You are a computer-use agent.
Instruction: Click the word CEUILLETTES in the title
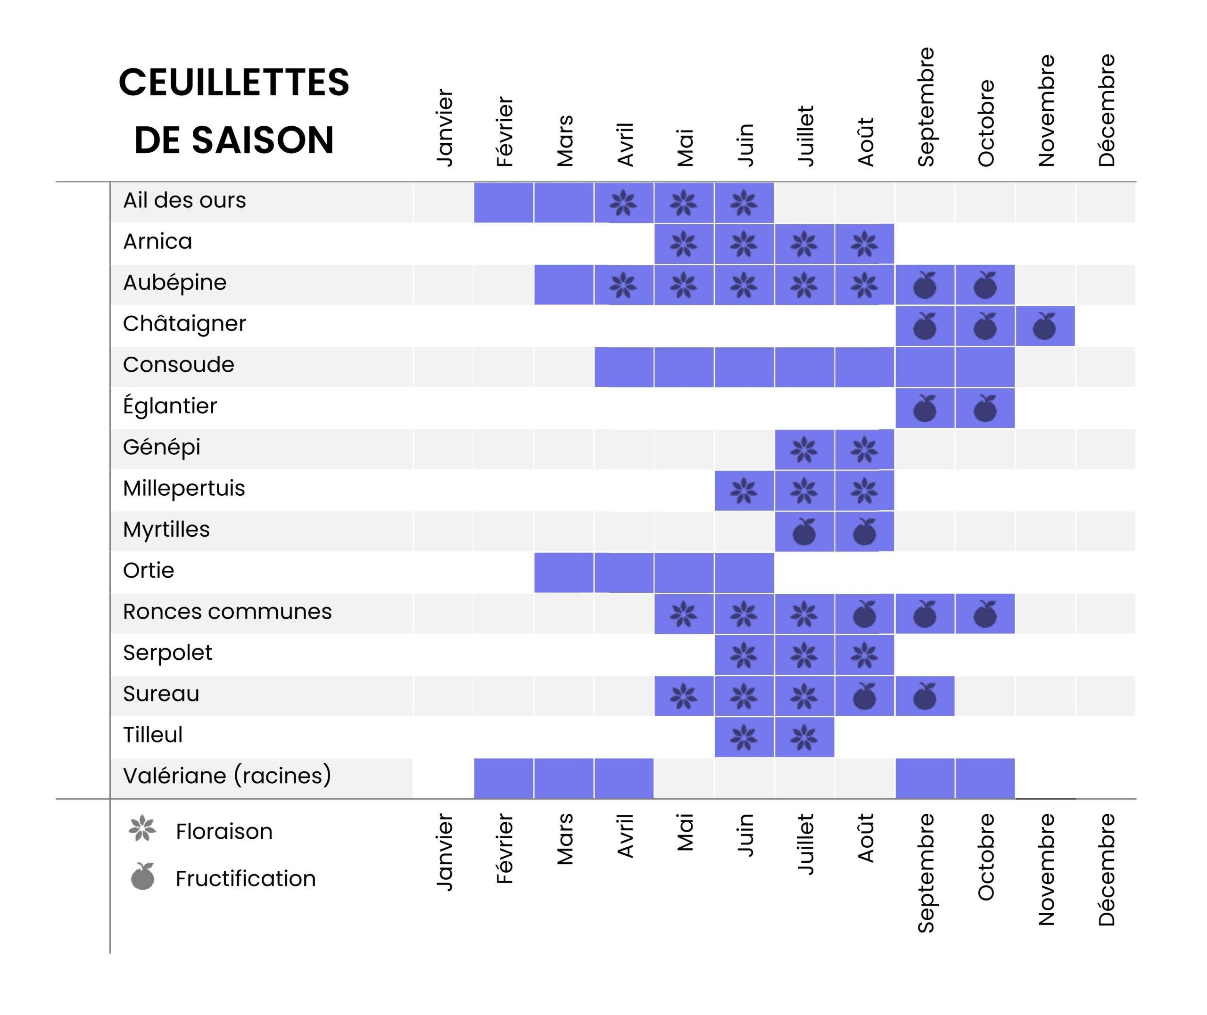click(x=234, y=82)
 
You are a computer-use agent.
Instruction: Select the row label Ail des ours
click(x=184, y=200)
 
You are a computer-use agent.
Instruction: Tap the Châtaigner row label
click(x=184, y=324)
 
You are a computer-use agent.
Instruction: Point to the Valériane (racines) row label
click(x=227, y=775)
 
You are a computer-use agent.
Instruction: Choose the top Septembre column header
click(x=926, y=107)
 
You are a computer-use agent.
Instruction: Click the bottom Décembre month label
click(x=1106, y=869)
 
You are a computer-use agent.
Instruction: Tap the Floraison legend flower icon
click(x=142, y=828)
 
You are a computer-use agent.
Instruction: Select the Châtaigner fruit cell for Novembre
click(x=1045, y=326)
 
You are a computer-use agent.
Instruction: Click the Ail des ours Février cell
click(x=504, y=203)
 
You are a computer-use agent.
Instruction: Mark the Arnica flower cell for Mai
click(x=684, y=244)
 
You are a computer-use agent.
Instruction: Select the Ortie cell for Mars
click(x=563, y=573)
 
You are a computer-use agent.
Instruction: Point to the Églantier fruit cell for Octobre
click(x=985, y=409)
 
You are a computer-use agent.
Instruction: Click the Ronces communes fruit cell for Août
click(x=865, y=614)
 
